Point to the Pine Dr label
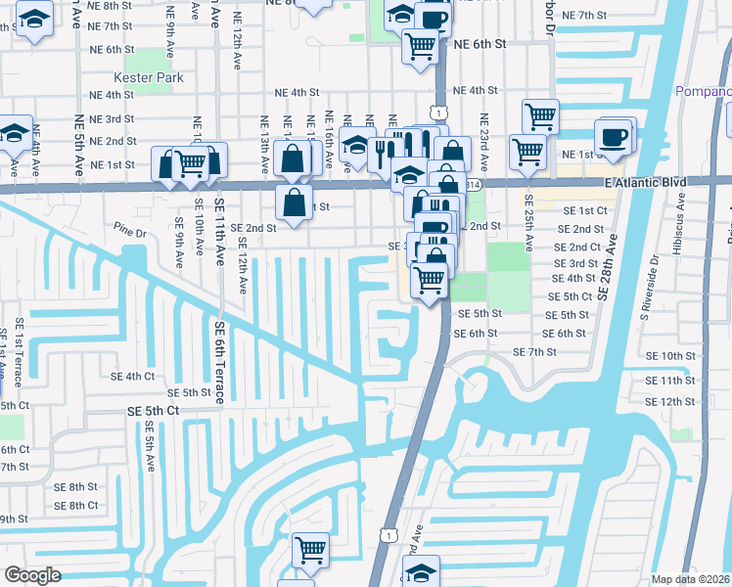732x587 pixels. [128, 233]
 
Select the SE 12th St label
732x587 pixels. [670, 402]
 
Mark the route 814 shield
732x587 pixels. [474, 184]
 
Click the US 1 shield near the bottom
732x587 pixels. [389, 534]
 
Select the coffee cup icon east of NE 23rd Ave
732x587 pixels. [614, 136]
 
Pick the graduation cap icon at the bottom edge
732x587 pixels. [422, 570]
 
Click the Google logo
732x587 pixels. [32, 576]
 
